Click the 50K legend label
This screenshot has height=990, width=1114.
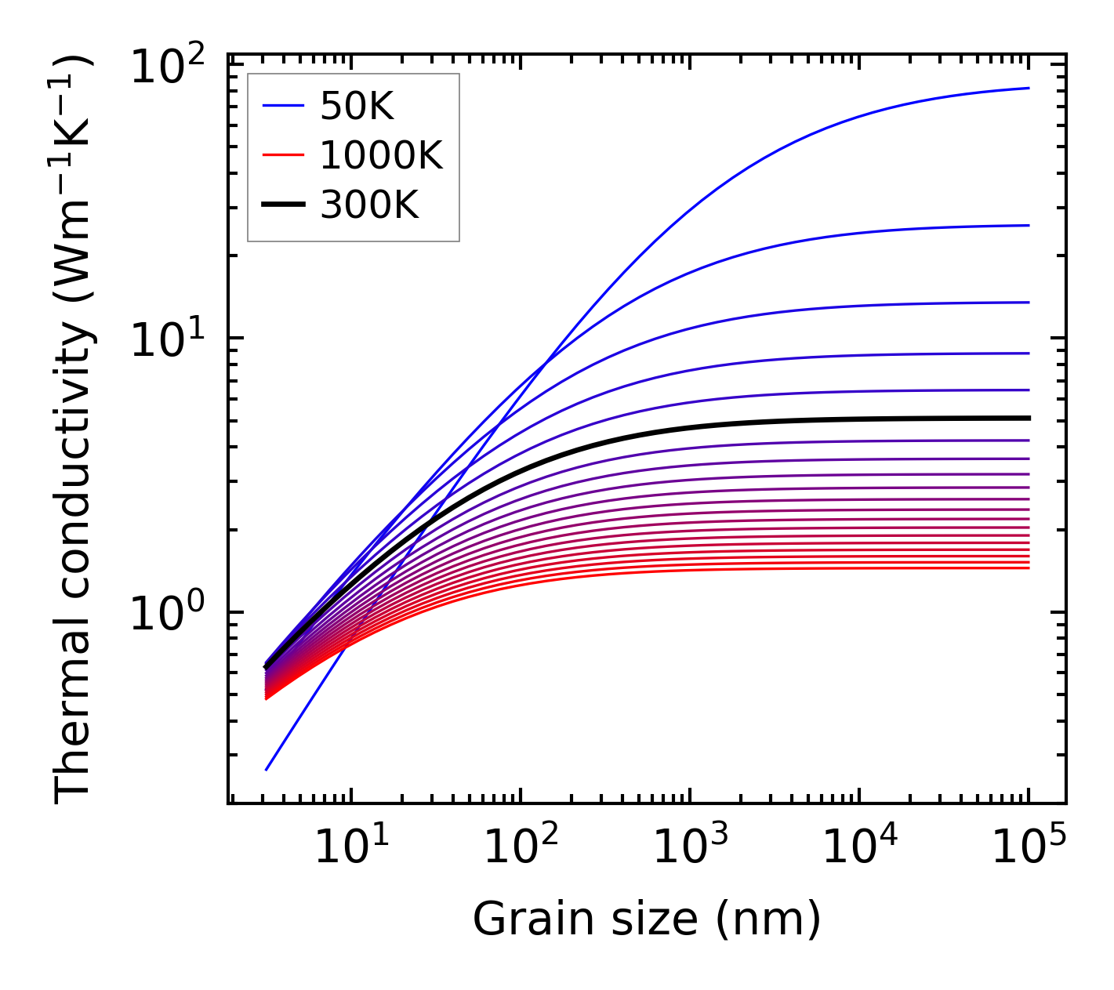[x=357, y=107]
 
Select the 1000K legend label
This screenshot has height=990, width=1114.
[x=381, y=156]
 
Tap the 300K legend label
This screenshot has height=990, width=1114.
[x=369, y=205]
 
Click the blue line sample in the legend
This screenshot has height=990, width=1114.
[x=282, y=107]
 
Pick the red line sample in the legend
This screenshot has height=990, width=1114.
[x=282, y=156]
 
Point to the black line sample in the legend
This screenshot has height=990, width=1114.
[x=282, y=205]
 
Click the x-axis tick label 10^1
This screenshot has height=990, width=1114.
[x=350, y=846]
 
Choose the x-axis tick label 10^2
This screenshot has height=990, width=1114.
[x=520, y=846]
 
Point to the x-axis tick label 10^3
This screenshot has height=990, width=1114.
[x=690, y=846]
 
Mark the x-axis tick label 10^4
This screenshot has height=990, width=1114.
[x=860, y=846]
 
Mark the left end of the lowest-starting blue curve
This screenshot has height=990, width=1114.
[x=267, y=770]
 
